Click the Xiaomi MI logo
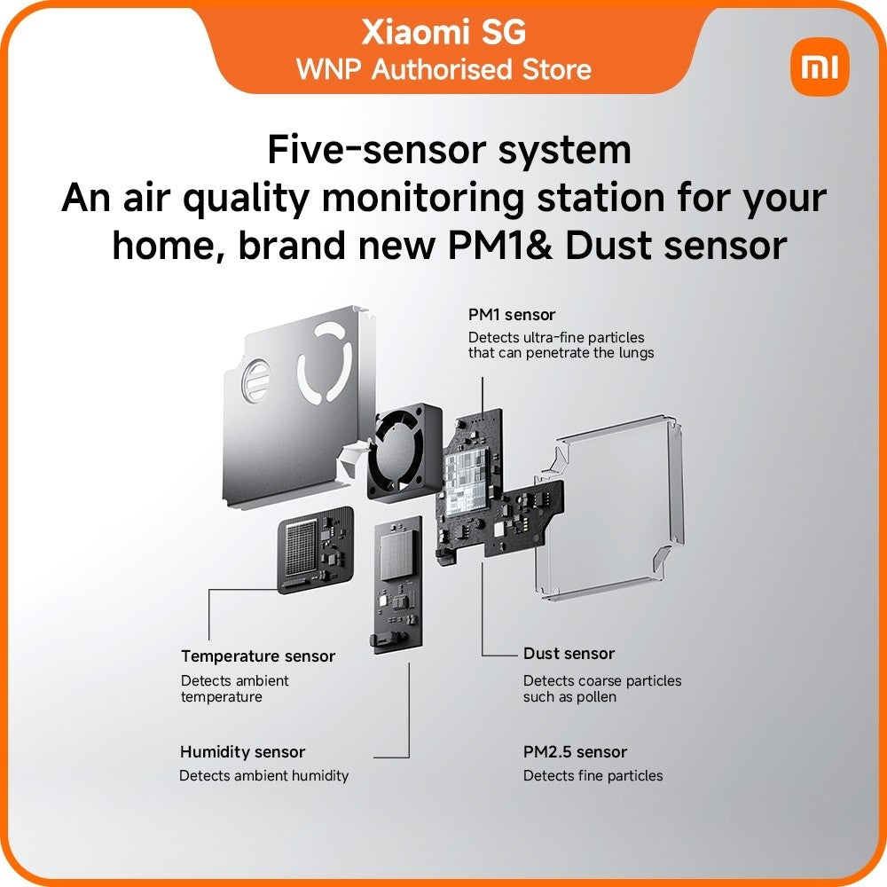(820, 67)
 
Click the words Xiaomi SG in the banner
(443, 32)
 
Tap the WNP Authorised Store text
(443, 69)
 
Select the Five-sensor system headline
(449, 149)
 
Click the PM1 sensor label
(512, 315)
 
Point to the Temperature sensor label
(258, 656)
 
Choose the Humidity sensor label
(242, 752)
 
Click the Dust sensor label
(569, 654)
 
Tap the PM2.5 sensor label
(575, 752)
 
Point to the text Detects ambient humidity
(263, 775)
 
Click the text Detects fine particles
(593, 775)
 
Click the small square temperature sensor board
(316, 549)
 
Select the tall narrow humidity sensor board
(397, 585)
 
